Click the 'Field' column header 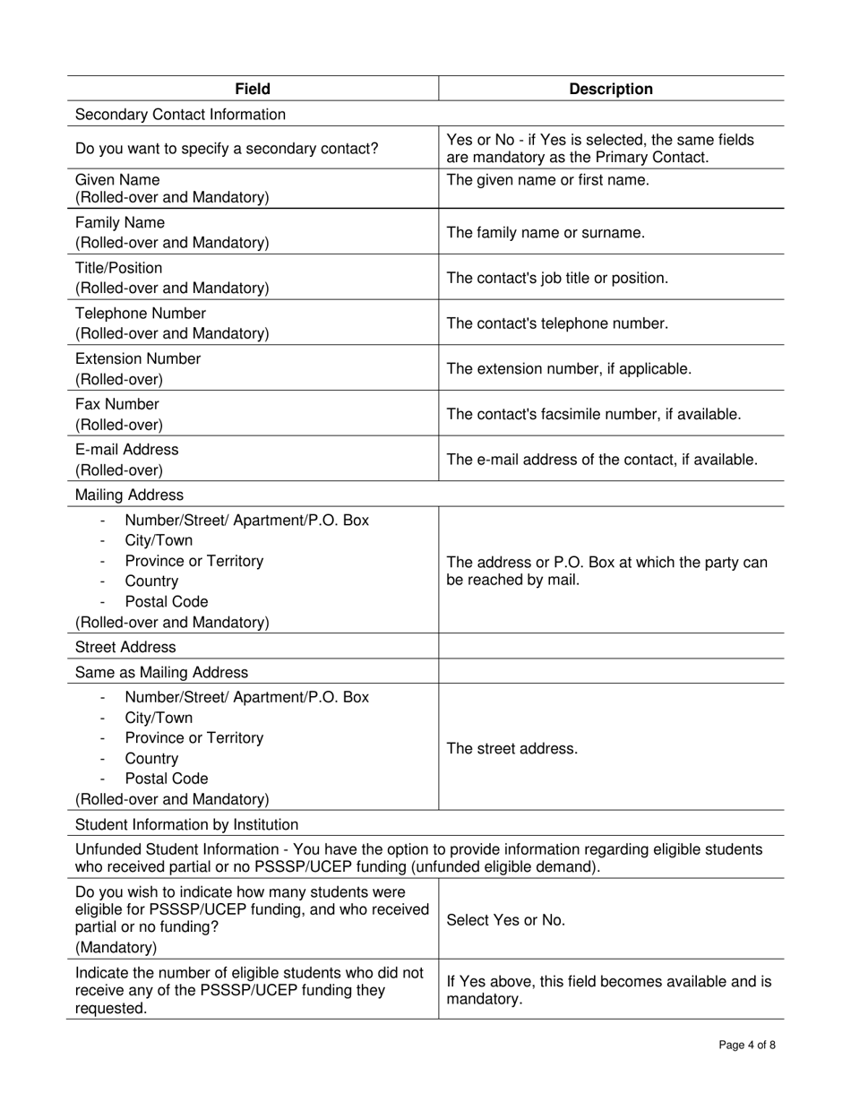253,89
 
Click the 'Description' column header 611,89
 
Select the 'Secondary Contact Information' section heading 180,115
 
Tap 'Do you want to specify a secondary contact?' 227,149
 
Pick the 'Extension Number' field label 138,359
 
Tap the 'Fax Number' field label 116,405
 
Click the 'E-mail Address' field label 126,450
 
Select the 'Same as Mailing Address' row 161,673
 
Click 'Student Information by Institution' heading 186,825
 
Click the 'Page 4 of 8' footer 747,1045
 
